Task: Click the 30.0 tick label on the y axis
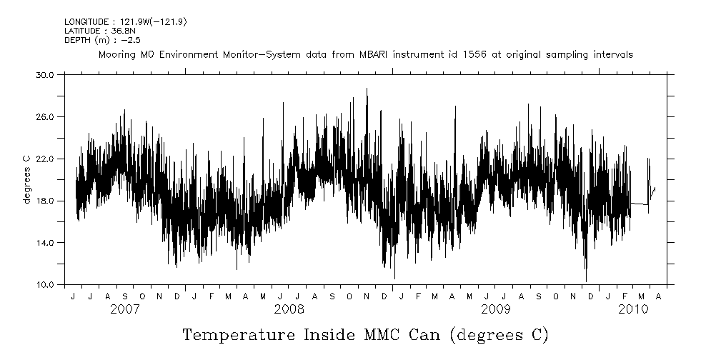click(44, 74)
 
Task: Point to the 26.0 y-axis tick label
click(44, 116)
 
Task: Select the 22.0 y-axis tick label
click(44, 159)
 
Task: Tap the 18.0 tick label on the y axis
click(44, 201)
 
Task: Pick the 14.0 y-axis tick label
click(44, 243)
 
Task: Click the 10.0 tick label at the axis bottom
click(44, 285)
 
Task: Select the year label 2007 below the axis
click(125, 309)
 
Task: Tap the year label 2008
click(289, 309)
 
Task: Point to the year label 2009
click(495, 309)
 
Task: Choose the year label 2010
click(633, 309)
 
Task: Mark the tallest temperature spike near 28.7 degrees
click(367, 89)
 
